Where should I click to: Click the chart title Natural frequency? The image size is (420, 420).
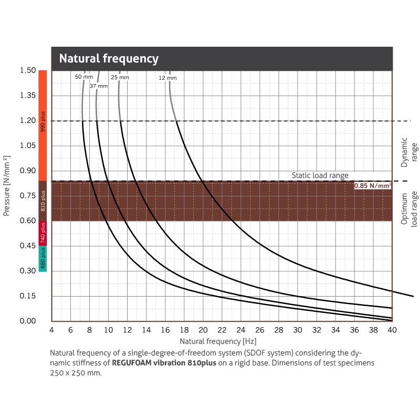pyautogui.click(x=109, y=58)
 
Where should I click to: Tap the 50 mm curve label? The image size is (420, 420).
pyautogui.click(x=83, y=77)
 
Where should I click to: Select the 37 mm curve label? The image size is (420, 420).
pyautogui.click(x=99, y=86)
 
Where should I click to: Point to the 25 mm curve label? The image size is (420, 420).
pyautogui.click(x=120, y=77)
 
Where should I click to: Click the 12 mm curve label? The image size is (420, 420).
pyautogui.click(x=168, y=78)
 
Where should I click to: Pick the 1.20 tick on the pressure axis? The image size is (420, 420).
pyautogui.click(x=27, y=121)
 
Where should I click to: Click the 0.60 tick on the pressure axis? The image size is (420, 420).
pyautogui.click(x=27, y=221)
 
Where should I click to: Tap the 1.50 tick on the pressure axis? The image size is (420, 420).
pyautogui.click(x=27, y=71)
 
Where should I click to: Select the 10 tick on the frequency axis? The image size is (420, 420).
pyautogui.click(x=108, y=330)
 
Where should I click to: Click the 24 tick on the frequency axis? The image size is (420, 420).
pyautogui.click(x=240, y=330)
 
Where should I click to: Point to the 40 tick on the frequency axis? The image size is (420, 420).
pyautogui.click(x=392, y=330)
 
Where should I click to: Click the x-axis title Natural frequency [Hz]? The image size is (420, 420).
pyautogui.click(x=221, y=340)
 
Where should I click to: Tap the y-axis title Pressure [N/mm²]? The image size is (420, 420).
pyautogui.click(x=7, y=185)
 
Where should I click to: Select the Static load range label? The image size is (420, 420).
pyautogui.click(x=320, y=176)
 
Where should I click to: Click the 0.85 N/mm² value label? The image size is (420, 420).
pyautogui.click(x=373, y=185)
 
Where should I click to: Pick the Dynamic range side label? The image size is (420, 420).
pyautogui.click(x=407, y=152)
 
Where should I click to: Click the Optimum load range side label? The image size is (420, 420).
pyautogui.click(x=408, y=208)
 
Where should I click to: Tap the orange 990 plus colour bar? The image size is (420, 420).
pyautogui.click(x=43, y=125)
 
